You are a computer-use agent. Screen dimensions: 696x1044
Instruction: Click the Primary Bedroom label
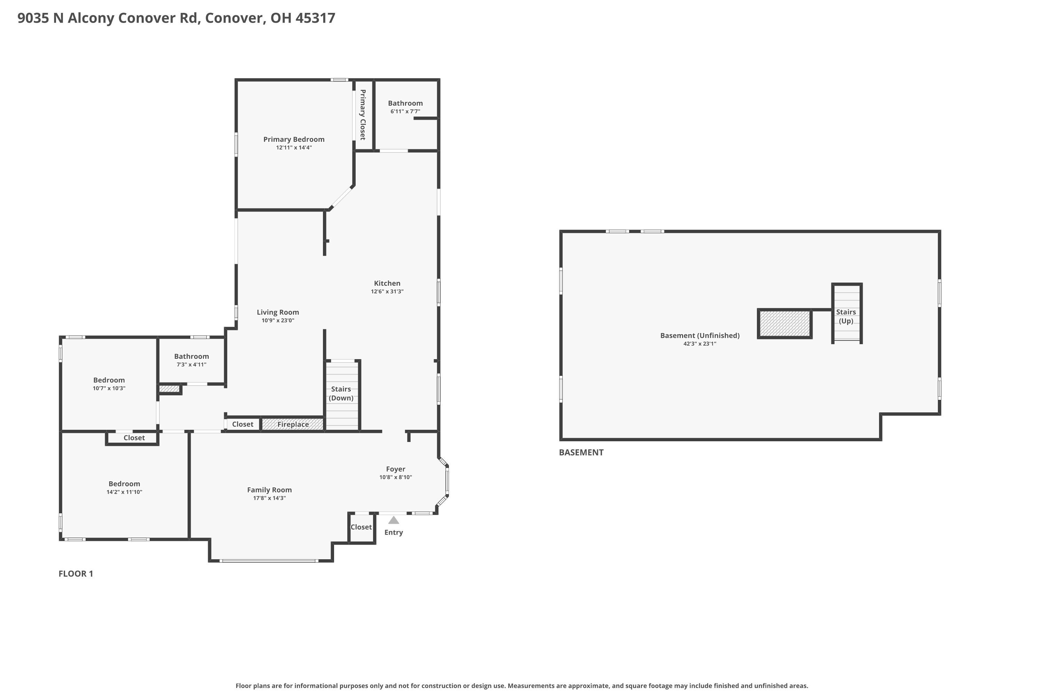(x=294, y=140)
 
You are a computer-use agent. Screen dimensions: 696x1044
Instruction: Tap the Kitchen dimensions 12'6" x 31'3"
(x=387, y=292)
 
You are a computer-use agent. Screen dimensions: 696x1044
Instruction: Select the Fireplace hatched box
(x=293, y=424)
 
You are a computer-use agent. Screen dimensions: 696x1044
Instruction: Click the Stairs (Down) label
(x=341, y=393)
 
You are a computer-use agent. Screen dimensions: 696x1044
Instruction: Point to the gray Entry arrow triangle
(x=393, y=520)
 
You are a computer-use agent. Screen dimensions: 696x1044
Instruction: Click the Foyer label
(x=395, y=469)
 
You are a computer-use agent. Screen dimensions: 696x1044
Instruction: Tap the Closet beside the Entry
(x=361, y=527)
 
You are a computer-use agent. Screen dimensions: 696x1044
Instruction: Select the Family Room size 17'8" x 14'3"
(x=269, y=498)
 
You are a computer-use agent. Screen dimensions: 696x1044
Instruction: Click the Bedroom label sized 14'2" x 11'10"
(x=124, y=484)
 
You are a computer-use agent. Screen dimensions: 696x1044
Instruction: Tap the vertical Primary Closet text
(x=363, y=114)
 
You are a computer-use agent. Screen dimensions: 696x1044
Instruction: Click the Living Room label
(x=278, y=313)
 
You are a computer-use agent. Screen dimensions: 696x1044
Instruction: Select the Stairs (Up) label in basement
(x=846, y=316)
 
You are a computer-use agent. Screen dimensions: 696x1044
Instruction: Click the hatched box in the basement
(x=784, y=324)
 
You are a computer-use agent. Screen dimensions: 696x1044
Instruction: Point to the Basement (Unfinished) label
(x=699, y=335)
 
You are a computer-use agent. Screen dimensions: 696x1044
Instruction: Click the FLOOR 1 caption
(x=76, y=574)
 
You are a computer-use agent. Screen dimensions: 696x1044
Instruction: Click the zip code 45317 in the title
(x=315, y=18)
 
